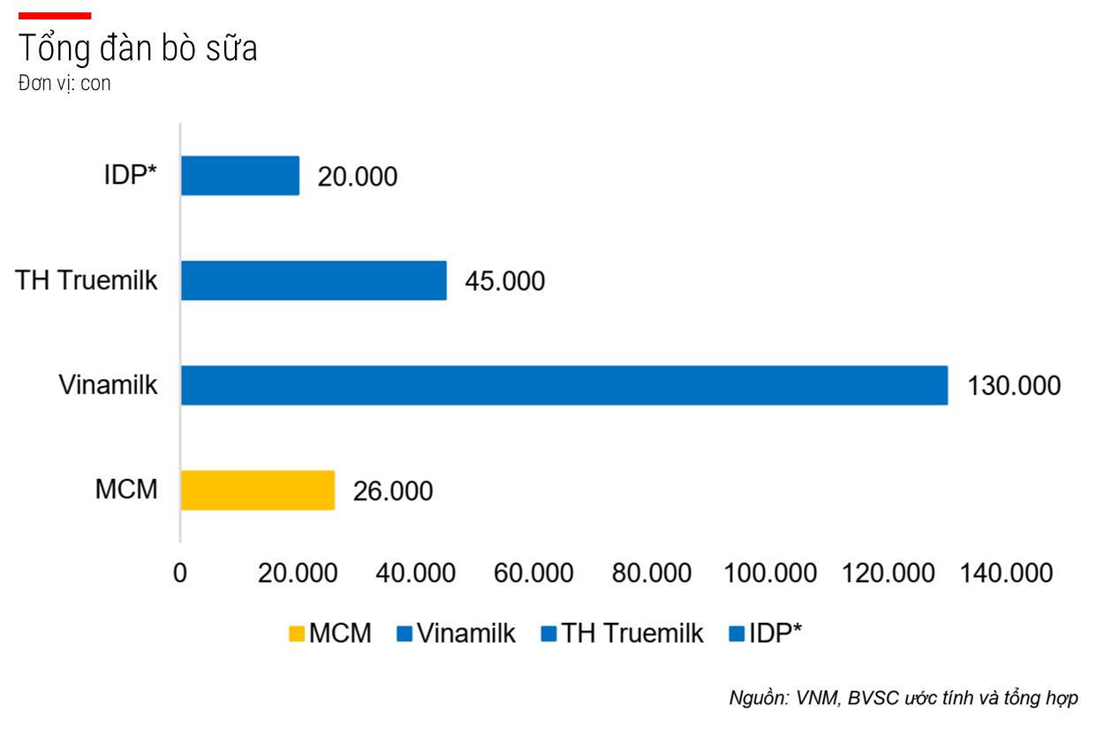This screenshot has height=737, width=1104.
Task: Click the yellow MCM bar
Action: pyautogui.click(x=257, y=490)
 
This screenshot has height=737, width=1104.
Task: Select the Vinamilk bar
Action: pyautogui.click(x=563, y=385)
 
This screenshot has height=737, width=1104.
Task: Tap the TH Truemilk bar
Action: pyautogui.click(x=314, y=280)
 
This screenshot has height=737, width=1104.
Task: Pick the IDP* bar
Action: pyautogui.click(x=239, y=175)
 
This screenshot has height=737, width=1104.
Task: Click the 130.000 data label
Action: pyautogui.click(x=1015, y=386)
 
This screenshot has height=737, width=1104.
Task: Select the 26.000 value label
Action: pyautogui.click(x=393, y=491)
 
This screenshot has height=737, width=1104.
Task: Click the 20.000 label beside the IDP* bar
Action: pyautogui.click(x=358, y=177)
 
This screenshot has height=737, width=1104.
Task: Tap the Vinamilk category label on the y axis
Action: pyautogui.click(x=109, y=385)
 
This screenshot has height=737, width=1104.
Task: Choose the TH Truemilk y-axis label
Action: pyautogui.click(x=87, y=280)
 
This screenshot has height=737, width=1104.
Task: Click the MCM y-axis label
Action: pyautogui.click(x=126, y=490)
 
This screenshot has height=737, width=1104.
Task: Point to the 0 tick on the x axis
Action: pyautogui.click(x=180, y=574)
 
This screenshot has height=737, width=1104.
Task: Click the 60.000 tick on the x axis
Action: pyautogui.click(x=533, y=574)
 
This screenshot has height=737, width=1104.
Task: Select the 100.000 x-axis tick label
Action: pyautogui.click(x=769, y=574)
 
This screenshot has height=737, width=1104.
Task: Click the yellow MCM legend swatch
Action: pyautogui.click(x=297, y=634)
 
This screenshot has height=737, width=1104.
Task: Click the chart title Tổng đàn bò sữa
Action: pyautogui.click(x=138, y=49)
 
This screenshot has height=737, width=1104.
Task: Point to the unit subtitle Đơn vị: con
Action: pyautogui.click(x=64, y=85)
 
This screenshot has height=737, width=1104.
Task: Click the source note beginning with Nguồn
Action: pyautogui.click(x=903, y=698)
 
